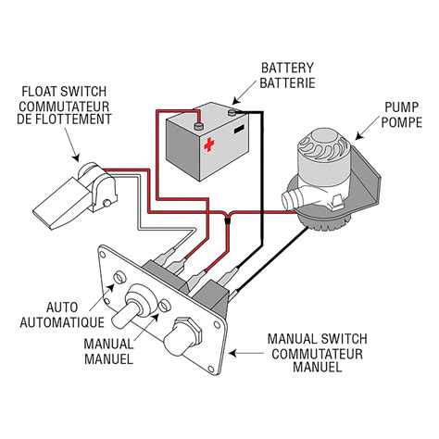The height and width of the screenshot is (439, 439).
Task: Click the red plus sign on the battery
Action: [209, 144]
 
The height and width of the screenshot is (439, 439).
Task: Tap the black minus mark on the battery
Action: [239, 129]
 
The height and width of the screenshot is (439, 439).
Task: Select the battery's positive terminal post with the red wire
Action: [199, 126]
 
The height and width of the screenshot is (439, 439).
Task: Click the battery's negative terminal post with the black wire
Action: [232, 112]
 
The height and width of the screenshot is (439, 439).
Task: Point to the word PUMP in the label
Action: [401, 107]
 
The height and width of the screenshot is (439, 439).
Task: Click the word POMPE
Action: [402, 122]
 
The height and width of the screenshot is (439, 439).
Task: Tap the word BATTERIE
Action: [287, 82]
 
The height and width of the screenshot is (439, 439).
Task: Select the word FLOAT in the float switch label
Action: [39, 92]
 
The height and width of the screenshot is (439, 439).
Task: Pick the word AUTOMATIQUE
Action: [62, 322]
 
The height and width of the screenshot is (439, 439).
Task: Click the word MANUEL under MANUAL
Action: [108, 358]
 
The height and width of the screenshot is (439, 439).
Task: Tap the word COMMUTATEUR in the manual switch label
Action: [317, 354]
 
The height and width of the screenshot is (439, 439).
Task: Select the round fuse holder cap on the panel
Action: [182, 336]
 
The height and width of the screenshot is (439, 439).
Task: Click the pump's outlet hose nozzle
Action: [291, 198]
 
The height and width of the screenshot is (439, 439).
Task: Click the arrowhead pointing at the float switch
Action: [76, 157]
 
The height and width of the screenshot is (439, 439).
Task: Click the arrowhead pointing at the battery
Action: [236, 101]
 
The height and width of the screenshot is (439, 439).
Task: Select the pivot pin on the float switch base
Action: [107, 203]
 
